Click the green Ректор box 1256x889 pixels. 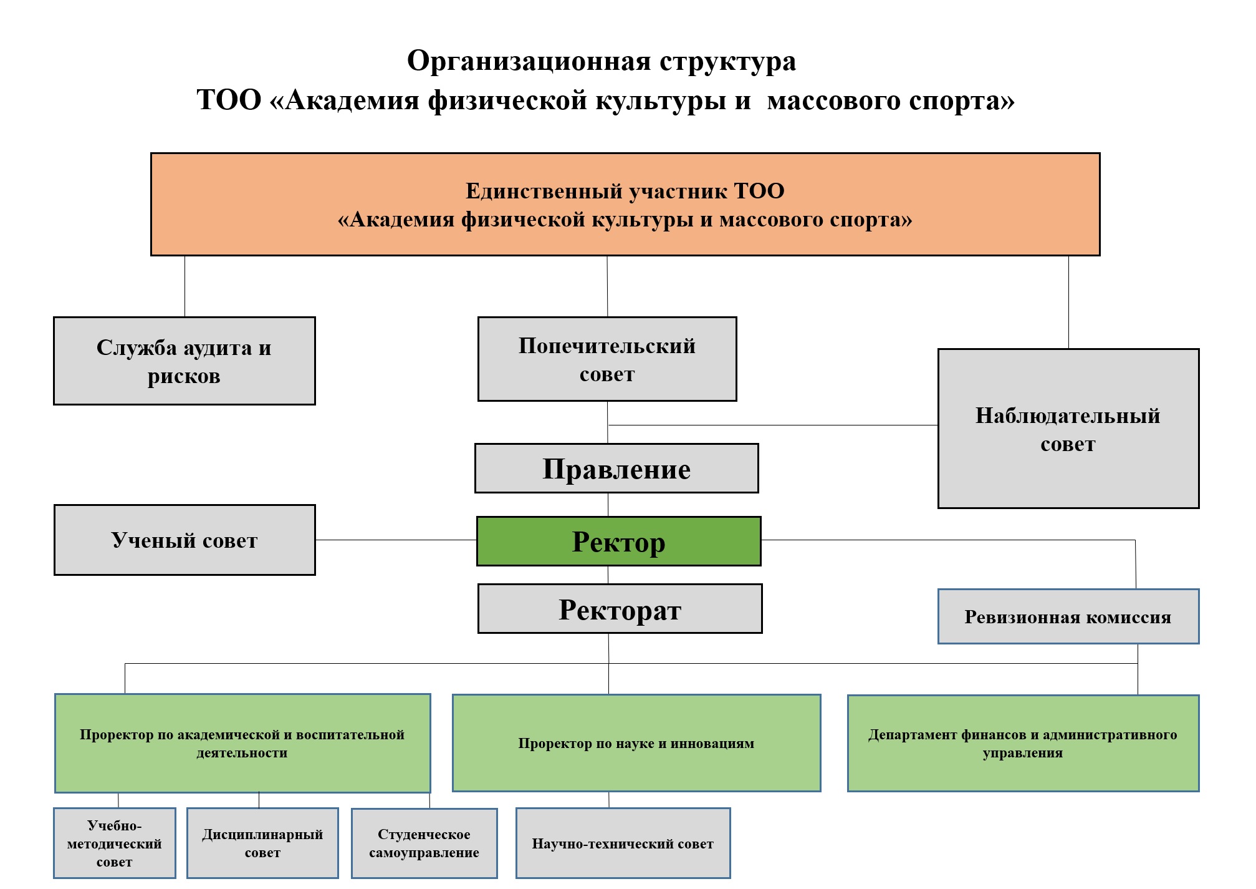[x=618, y=542]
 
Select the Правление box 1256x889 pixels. [x=616, y=469]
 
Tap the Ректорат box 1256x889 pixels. [x=620, y=609]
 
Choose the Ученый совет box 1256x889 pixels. [x=185, y=540]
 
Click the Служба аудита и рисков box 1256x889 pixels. [x=185, y=361]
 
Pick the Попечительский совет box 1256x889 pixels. [x=607, y=359]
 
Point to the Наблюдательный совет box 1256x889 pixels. [x=1068, y=429]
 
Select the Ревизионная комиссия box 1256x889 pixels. [x=1068, y=616]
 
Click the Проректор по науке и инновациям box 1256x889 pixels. [x=636, y=743]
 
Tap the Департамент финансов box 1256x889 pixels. [x=1022, y=743]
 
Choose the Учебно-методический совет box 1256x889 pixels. [x=115, y=843]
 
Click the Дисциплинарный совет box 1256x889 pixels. [x=262, y=843]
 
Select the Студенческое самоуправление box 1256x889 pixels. [x=424, y=843]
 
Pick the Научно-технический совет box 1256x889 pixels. [x=623, y=843]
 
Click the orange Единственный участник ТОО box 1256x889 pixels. [x=625, y=205]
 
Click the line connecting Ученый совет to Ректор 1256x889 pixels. [x=396, y=540]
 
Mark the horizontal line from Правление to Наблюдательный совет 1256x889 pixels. [x=773, y=425]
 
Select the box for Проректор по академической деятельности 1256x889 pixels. [x=242, y=743]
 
